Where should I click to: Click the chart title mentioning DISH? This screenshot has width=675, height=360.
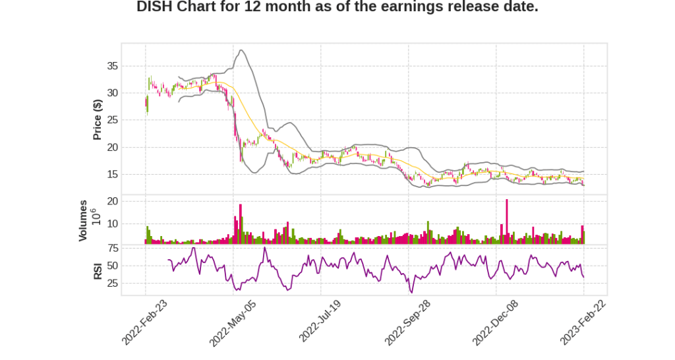[337, 8]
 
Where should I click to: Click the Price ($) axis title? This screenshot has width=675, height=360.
[98, 119]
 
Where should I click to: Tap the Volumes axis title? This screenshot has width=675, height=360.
[84, 220]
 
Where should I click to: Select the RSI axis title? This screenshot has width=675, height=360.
[98, 270]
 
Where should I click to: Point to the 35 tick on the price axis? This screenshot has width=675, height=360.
[112, 66]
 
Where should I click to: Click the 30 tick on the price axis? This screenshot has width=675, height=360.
[112, 93]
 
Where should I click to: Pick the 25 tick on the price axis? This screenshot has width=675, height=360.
[112, 120]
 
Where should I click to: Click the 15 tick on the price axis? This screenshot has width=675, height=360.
[112, 175]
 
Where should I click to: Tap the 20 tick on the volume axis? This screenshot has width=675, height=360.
[112, 200]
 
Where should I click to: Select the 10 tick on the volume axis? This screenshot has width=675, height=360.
[112, 224]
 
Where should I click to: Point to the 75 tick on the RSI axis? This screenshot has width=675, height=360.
[112, 248]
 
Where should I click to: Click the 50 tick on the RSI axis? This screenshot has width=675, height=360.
[112, 266]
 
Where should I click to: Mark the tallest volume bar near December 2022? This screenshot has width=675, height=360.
[507, 222]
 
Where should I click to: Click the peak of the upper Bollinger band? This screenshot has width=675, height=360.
[242, 50]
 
